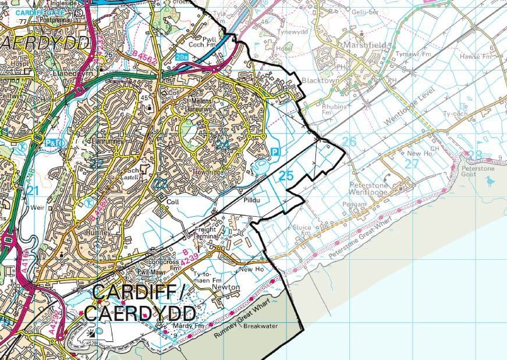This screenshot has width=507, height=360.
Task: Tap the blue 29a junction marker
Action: (181, 57)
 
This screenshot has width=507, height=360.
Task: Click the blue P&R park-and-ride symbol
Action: (52, 142)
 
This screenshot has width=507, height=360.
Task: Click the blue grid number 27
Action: (412, 164)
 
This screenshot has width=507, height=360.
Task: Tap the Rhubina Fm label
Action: (334, 110)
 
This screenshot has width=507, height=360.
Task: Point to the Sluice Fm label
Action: (318, 228)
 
